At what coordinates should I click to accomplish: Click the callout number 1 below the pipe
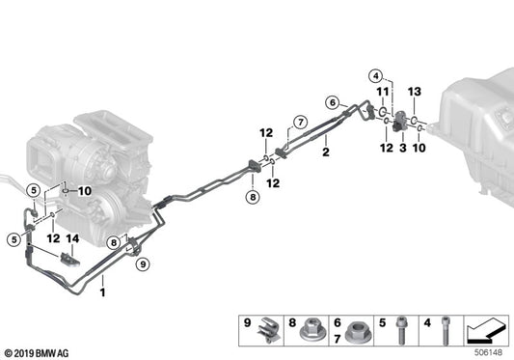(x=102, y=291)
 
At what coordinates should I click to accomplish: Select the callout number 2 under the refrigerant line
(x=326, y=152)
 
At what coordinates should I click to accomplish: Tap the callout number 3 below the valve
(x=403, y=148)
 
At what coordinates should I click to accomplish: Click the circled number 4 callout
(x=376, y=76)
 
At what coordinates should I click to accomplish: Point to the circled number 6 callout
(x=333, y=102)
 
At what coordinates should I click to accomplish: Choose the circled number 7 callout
(x=301, y=123)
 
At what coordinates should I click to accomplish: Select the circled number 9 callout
(x=143, y=263)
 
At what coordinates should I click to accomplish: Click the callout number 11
(x=383, y=92)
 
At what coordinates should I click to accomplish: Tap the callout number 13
(x=415, y=92)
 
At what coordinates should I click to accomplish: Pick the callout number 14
(x=72, y=238)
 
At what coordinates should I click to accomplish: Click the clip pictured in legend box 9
(x=269, y=330)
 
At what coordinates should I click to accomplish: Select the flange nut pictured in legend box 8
(x=311, y=330)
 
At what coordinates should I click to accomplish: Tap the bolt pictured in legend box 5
(x=400, y=330)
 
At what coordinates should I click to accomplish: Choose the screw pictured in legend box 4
(x=445, y=330)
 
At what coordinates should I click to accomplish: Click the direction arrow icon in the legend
(x=486, y=329)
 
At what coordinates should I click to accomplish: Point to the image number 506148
(x=488, y=353)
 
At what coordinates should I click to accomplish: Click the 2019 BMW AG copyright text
(x=37, y=353)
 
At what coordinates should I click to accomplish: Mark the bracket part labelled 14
(x=69, y=260)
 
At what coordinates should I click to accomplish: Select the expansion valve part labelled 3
(x=400, y=121)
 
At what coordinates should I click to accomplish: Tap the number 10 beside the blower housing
(x=85, y=191)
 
